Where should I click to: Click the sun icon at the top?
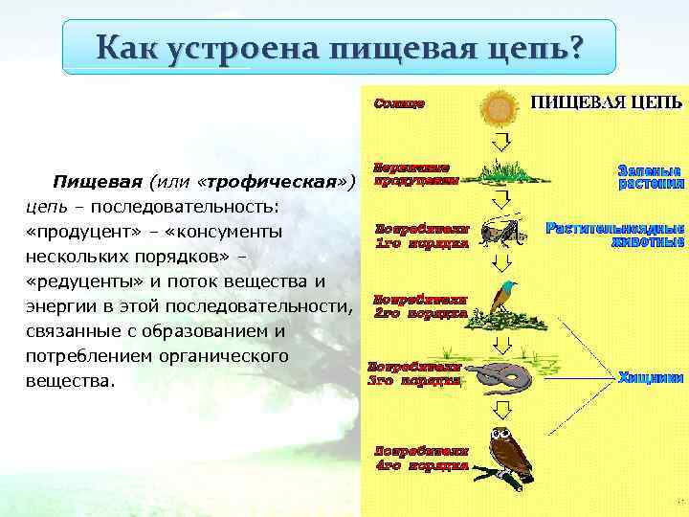(499, 108)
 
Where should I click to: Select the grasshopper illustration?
(500, 234)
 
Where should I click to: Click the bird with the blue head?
(500, 299)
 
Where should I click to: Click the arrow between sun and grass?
(500, 143)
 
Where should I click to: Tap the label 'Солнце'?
(399, 101)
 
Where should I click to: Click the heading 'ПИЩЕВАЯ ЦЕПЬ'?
(607, 101)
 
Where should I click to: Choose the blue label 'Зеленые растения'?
(651, 176)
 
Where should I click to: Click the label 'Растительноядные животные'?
(615, 236)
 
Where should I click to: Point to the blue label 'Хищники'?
(651, 377)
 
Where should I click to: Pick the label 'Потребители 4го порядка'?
(421, 458)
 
